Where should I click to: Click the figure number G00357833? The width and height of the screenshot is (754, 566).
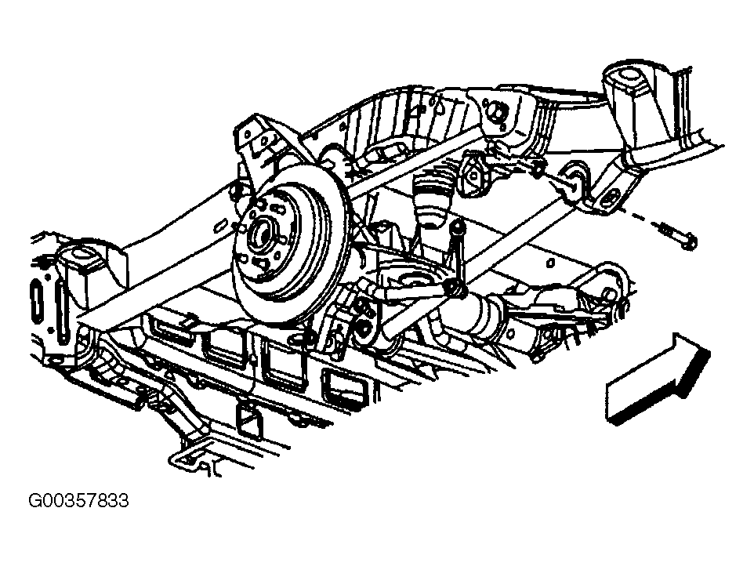79,501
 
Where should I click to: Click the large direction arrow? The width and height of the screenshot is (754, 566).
658,379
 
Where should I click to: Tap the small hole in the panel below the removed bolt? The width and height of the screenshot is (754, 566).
550,262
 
